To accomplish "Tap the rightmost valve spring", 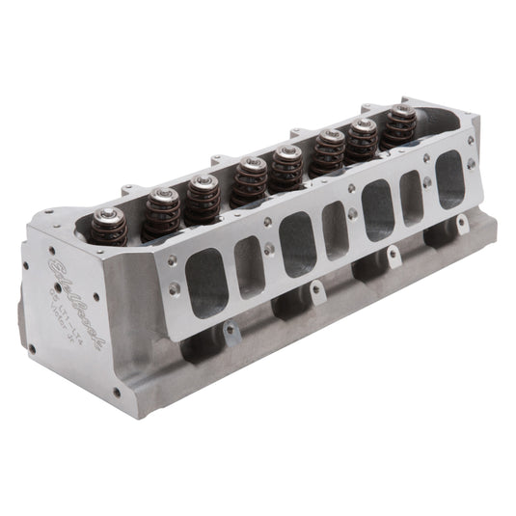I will [x=401, y=126].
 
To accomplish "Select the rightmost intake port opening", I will [x=449, y=178].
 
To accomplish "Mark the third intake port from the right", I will [x=378, y=209].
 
